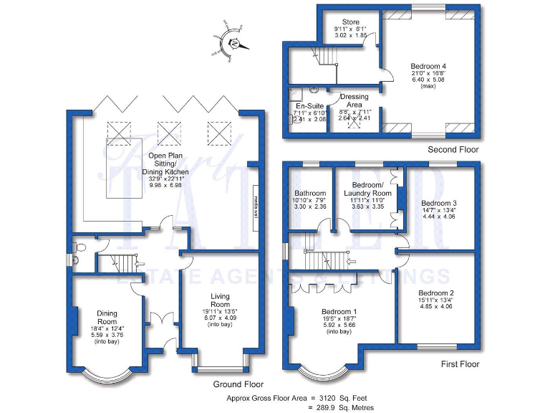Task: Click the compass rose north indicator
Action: tap(233, 43)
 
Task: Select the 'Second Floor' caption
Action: tap(453, 150)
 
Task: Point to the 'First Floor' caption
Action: tap(459, 364)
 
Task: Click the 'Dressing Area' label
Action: tap(354, 101)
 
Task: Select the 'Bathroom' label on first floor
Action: tap(311, 194)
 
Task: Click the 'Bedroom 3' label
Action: tap(438, 203)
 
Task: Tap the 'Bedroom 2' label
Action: tap(436, 293)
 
